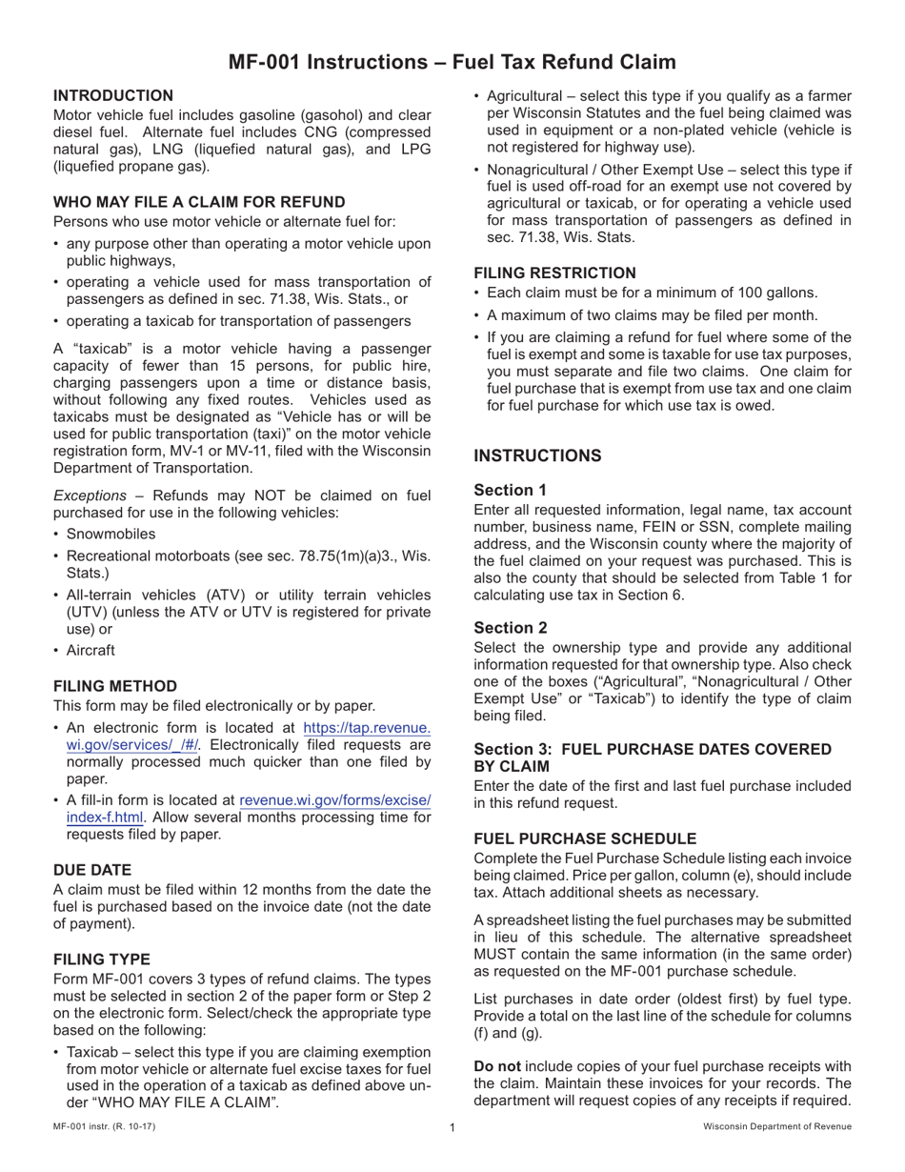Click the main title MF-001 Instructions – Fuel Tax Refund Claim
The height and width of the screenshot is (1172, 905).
click(452, 62)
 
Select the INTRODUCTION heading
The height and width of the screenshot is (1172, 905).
click(113, 95)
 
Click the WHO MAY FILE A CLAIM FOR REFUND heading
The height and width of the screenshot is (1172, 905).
click(199, 201)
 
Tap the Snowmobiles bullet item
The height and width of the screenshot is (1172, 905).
click(111, 534)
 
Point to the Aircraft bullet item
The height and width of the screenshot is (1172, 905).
click(90, 650)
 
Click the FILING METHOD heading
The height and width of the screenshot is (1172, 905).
click(115, 686)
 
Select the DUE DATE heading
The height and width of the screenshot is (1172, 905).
click(92, 870)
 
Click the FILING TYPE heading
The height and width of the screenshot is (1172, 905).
click(102, 959)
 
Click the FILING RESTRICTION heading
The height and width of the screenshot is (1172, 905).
click(554, 273)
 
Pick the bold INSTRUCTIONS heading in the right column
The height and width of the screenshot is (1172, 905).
click(537, 455)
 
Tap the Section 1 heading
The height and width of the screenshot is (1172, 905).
click(511, 490)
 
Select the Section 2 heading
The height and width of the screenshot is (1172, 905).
click(511, 627)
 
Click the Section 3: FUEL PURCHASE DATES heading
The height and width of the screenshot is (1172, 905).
click(653, 758)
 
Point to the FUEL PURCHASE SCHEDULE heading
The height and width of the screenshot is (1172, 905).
click(585, 839)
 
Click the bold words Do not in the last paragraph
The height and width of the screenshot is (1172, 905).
click(496, 1065)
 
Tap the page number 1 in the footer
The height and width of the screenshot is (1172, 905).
click(452, 1127)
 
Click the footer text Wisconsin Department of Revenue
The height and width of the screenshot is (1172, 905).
click(777, 1127)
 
